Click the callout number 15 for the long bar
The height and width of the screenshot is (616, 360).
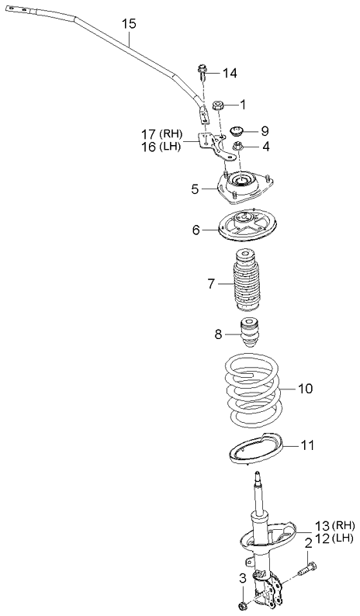129,24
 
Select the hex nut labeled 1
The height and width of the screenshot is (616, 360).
218,106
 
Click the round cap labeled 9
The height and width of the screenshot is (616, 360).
237,131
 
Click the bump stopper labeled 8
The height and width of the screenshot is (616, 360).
248,332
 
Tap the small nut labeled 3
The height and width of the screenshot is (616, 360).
243,605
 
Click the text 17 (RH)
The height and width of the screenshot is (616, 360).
162,134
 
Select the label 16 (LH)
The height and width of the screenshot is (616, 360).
161,147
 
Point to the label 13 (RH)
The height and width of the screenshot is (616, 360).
335,525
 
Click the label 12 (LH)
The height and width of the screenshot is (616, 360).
334,538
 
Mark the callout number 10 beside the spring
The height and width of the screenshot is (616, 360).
306,389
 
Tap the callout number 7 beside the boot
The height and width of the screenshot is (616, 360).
212,284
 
